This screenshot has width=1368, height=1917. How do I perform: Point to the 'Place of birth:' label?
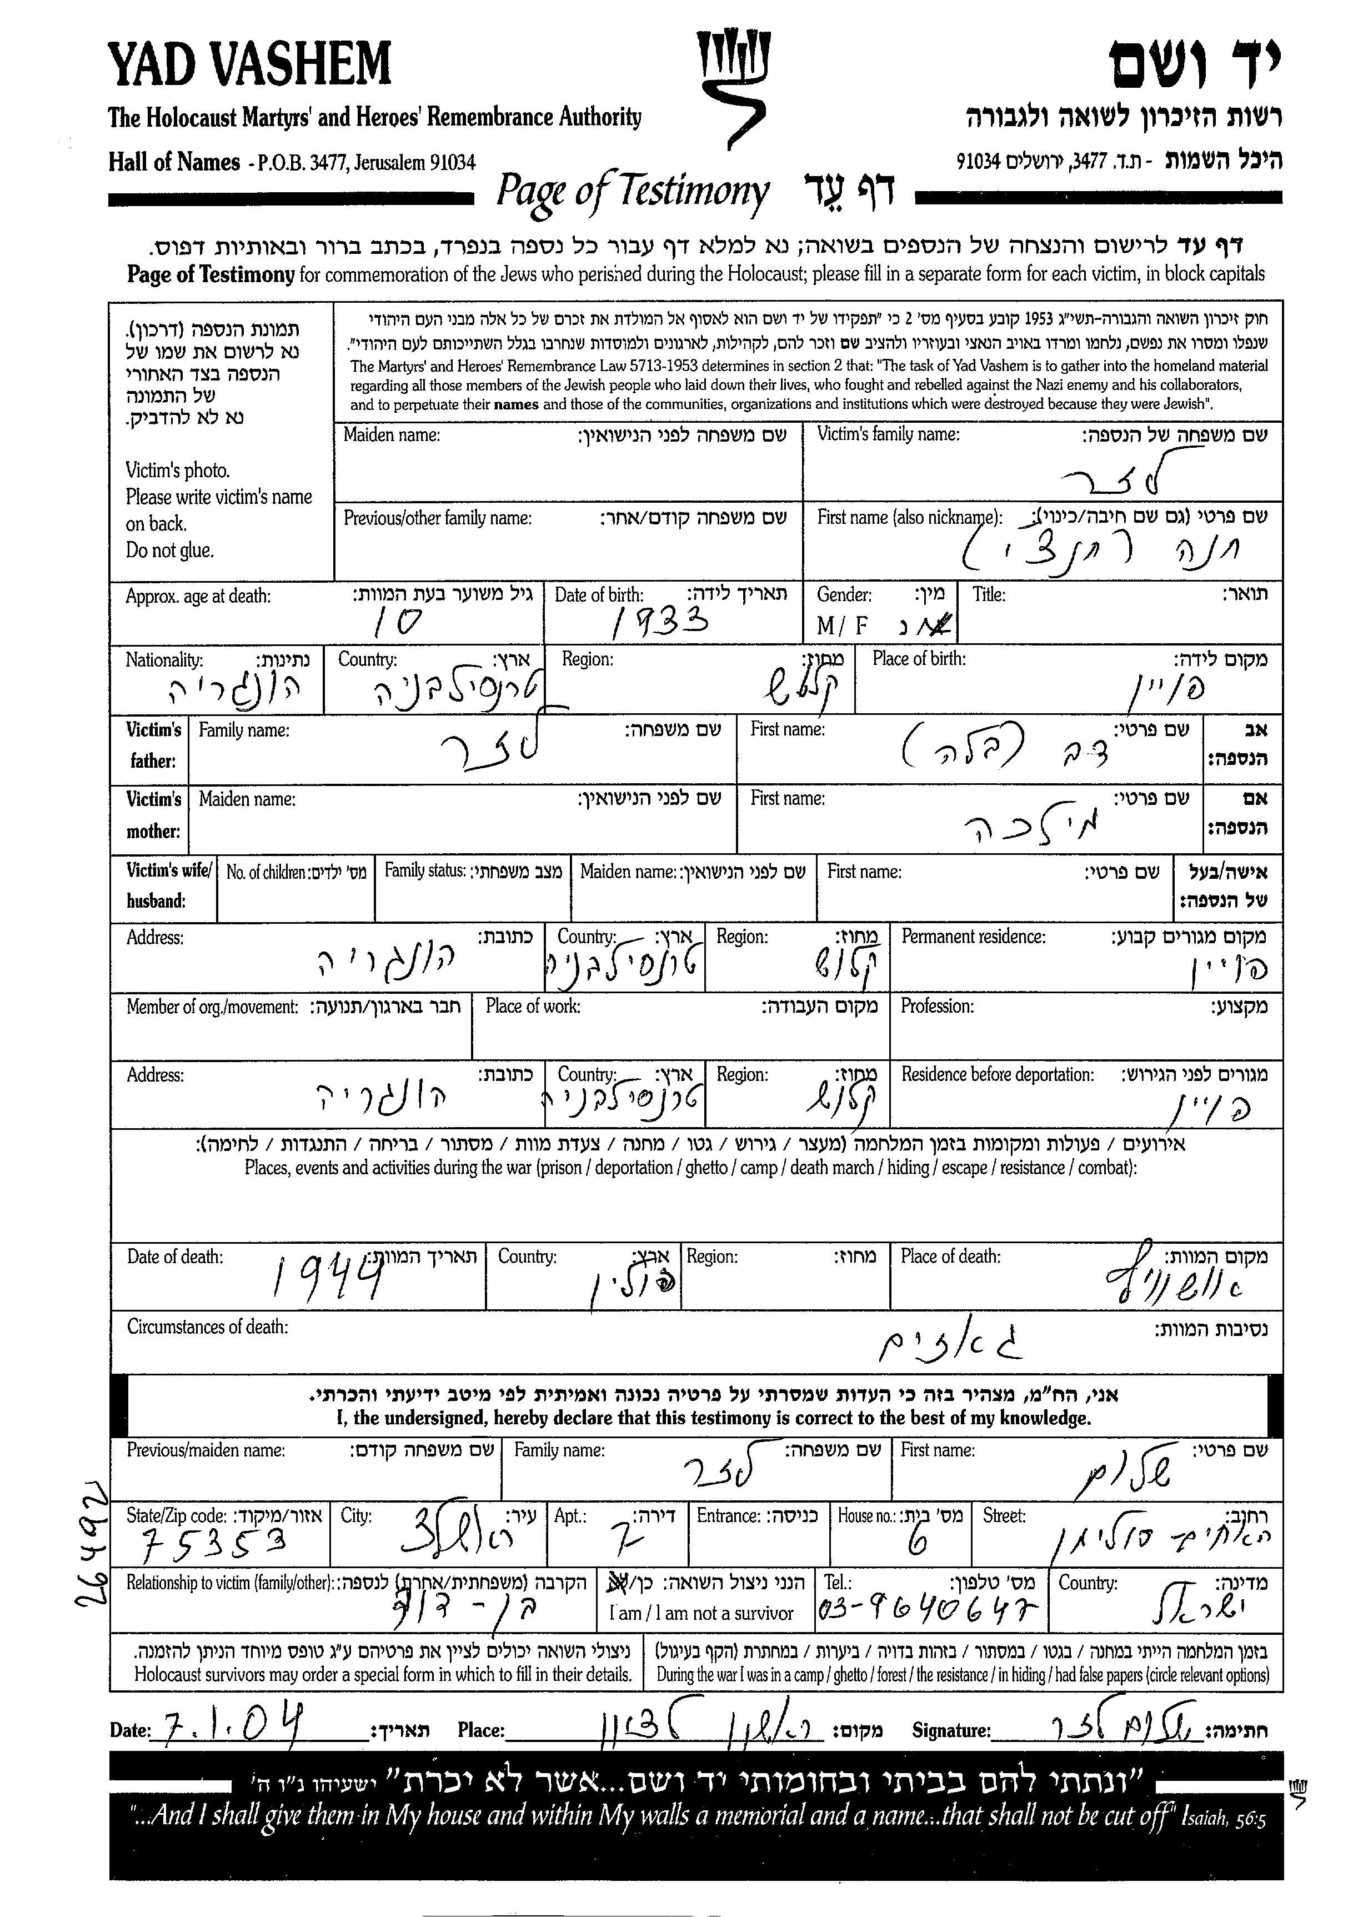(919, 659)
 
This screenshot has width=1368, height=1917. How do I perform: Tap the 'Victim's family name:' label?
(888, 434)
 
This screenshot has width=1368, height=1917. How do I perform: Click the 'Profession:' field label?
(936, 1005)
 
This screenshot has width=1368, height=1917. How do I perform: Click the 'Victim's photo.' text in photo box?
(178, 470)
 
